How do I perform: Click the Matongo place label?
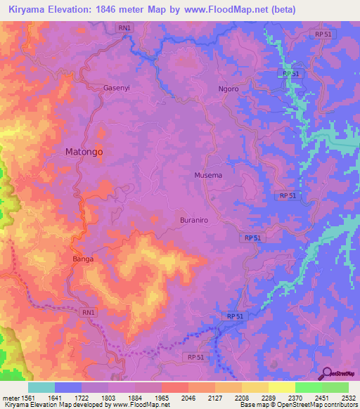[x=84, y=151]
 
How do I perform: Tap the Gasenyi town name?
[x=115, y=89]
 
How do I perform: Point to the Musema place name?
[x=208, y=175]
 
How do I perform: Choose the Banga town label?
[x=83, y=259]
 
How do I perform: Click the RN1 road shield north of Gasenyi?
[x=125, y=27]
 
